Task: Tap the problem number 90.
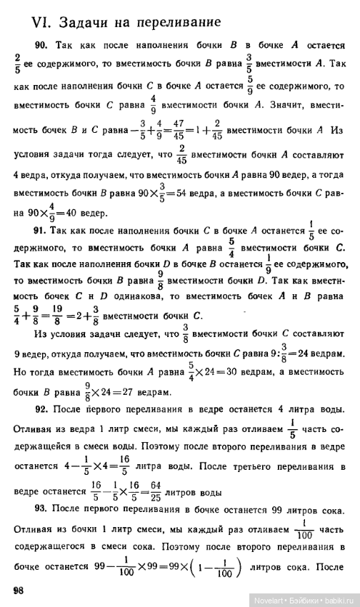click(41, 44)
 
